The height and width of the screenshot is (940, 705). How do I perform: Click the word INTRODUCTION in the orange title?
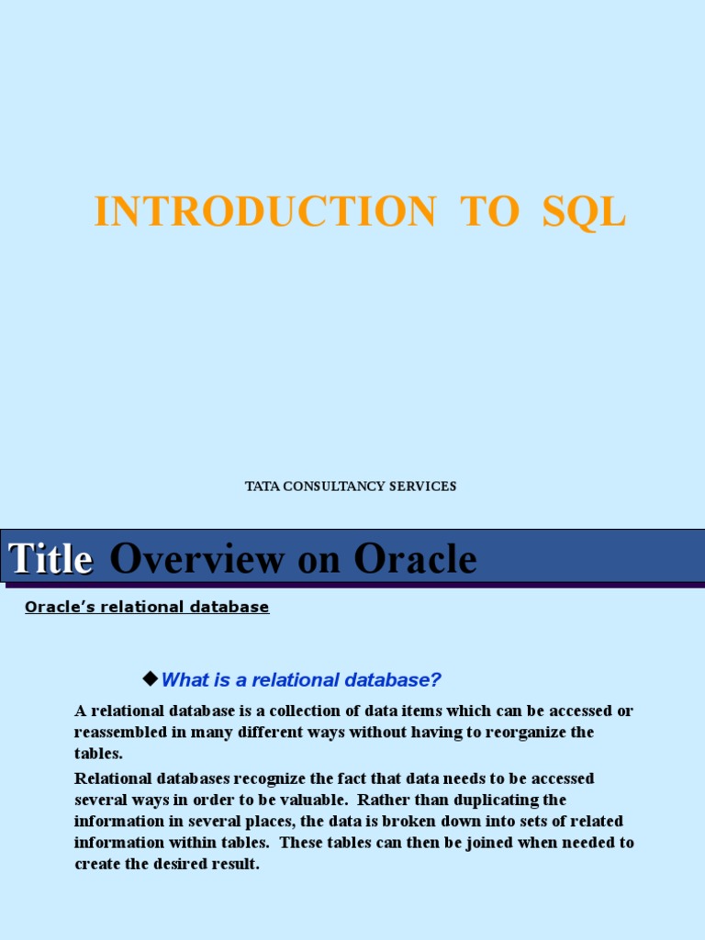coord(264,213)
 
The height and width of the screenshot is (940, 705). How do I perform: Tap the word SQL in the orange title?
coord(584,213)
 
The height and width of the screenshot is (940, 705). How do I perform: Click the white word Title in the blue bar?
coord(50,559)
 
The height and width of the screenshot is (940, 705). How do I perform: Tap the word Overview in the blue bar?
coord(194,559)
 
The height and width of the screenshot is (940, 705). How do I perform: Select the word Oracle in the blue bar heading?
coord(415,559)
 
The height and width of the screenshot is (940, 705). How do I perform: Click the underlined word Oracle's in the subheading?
coord(54,607)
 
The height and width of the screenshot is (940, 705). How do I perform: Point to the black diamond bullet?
coord(151,678)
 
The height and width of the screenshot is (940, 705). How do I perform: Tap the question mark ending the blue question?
coord(437,680)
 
